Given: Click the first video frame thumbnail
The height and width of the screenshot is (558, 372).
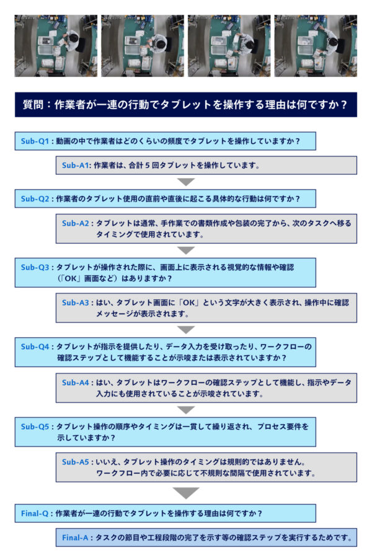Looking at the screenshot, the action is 56,45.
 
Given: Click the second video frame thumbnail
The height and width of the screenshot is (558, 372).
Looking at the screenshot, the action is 143,45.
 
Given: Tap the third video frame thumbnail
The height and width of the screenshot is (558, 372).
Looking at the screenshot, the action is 229,45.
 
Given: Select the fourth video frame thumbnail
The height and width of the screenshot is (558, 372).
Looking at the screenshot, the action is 316,45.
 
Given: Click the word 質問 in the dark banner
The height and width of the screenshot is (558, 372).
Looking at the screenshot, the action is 33,105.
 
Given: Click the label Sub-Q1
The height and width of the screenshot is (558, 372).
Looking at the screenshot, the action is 35,141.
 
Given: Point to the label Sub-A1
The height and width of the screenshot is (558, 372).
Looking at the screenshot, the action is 75,166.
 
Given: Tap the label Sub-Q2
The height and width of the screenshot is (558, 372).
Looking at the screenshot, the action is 35,199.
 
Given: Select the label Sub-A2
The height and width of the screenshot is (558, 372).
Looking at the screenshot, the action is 76,223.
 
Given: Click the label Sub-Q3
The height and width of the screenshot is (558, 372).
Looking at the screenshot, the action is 35,267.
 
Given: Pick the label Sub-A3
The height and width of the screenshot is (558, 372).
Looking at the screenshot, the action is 76,303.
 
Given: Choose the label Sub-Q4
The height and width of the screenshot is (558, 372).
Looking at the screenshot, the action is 35,347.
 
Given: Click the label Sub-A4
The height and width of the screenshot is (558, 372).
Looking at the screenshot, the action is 76,383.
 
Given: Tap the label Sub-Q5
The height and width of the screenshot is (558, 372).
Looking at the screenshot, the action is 35,427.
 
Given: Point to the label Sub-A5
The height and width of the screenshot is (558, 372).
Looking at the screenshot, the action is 76,463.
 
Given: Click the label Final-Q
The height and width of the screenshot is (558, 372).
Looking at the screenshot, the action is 35,513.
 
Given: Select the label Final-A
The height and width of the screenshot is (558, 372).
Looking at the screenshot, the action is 75,538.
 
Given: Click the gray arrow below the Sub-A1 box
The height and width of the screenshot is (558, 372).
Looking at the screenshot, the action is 186,182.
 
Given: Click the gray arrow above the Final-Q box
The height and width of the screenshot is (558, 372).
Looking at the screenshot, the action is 186,493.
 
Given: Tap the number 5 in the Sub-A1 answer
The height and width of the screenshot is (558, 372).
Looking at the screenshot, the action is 147,166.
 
